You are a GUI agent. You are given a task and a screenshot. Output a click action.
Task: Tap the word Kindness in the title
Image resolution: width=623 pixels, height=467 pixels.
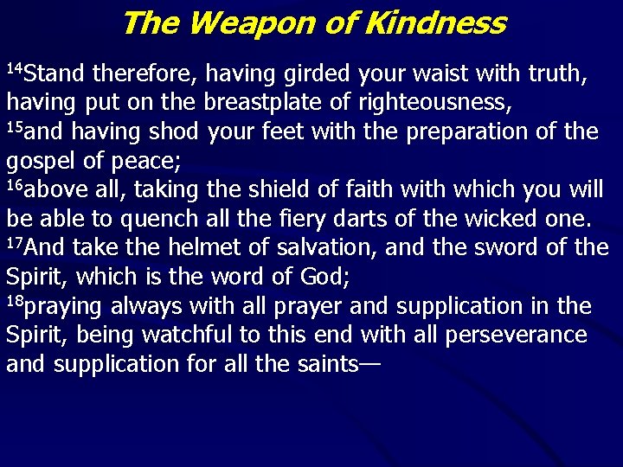435,22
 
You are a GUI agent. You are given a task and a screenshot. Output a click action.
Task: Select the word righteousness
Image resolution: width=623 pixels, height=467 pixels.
429,103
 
